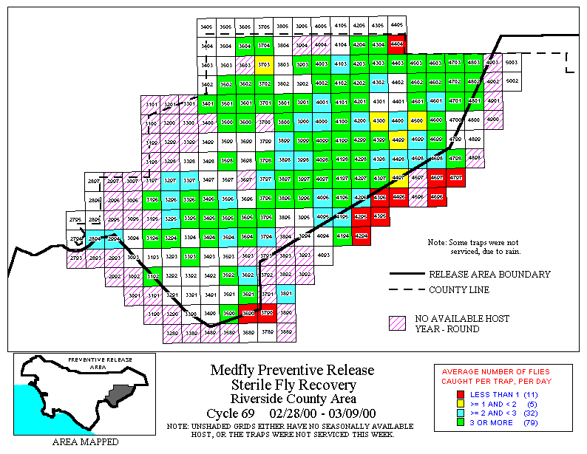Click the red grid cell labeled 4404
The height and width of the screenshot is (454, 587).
coord(398,44)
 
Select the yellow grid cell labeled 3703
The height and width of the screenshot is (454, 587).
coord(264,64)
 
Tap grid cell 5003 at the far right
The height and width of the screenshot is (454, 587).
coord(512,63)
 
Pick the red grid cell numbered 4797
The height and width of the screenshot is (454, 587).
coord(456,179)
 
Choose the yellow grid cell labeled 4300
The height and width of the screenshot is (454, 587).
coord(379,121)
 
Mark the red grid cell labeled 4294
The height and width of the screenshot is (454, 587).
coord(361,236)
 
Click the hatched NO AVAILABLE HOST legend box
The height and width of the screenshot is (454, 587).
coord(398,323)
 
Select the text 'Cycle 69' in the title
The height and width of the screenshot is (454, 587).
coord(231,413)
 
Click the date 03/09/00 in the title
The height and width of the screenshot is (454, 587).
coord(348,413)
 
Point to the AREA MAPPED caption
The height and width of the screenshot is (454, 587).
coord(85,442)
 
